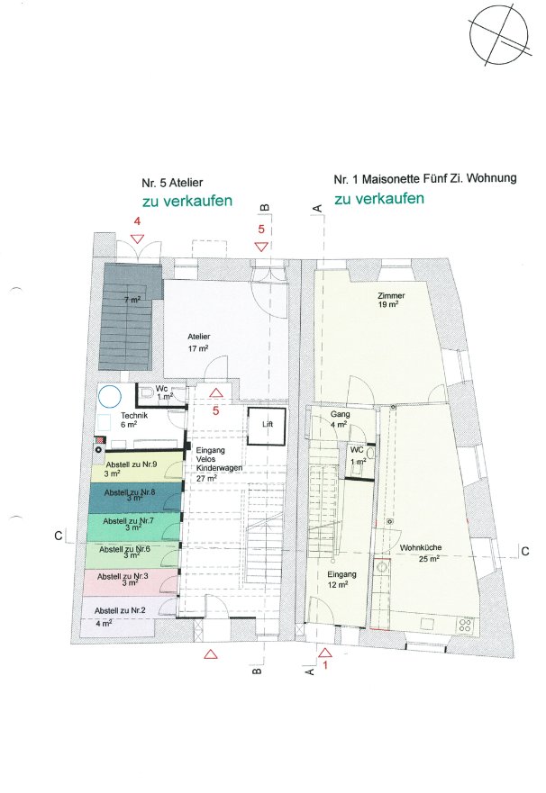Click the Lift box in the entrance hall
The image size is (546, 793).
click(267, 426)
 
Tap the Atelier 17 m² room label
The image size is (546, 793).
click(199, 342)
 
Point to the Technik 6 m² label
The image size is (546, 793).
click(133, 419)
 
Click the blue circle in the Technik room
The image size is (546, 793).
click(109, 396)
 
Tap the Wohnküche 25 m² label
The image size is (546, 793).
click(422, 553)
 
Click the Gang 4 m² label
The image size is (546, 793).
click(340, 419)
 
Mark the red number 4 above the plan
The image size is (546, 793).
click(136, 221)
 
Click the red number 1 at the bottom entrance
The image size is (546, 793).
click(325, 665)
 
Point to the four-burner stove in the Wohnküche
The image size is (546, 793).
click(465, 624)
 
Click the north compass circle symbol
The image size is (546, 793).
click(498, 35)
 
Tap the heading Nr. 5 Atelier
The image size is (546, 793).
click(172, 183)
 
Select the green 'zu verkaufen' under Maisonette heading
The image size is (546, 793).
click(379, 198)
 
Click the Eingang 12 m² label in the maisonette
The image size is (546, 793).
click(341, 579)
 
